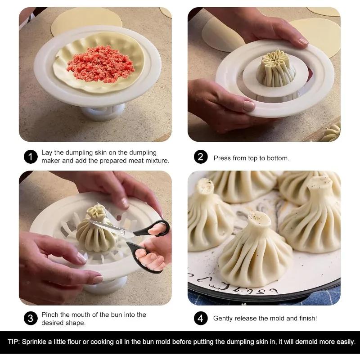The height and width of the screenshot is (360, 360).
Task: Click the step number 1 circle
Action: [30, 157]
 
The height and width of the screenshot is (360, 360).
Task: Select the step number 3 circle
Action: [30, 319]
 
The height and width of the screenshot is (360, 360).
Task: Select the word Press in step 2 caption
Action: [222, 158]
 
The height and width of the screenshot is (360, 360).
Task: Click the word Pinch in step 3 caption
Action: [50, 315]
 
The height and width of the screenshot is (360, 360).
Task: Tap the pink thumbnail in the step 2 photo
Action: [248, 106]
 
